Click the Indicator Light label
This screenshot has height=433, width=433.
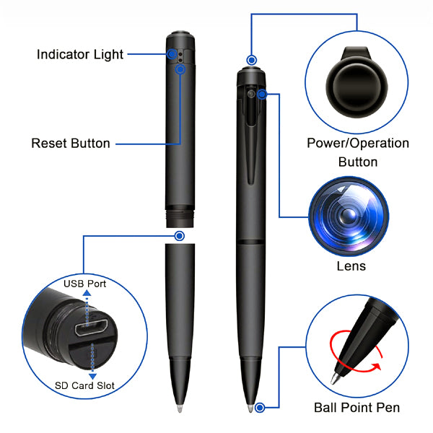[80, 54]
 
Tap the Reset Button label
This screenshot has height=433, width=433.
[71, 144]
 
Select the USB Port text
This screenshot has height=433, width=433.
[84, 284]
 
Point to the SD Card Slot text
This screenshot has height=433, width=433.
[84, 385]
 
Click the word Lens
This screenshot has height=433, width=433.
[351, 266]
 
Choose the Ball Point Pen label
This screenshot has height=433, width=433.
[357, 408]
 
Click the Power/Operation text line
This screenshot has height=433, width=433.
[358, 144]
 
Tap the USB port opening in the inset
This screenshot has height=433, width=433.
[92, 328]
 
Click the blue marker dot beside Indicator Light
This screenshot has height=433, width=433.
[172, 54]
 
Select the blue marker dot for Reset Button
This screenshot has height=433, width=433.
[180, 69]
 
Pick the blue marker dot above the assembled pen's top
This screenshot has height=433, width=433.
[251, 60]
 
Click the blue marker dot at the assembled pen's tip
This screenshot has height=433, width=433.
[260, 408]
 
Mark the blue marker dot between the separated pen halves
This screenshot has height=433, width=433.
[180, 236]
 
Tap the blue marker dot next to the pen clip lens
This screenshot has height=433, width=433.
[262, 95]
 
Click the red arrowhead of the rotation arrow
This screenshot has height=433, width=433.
[376, 367]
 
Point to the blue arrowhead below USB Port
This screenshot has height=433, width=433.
[87, 293]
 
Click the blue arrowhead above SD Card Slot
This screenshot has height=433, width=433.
[92, 377]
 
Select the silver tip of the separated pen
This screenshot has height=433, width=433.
[180, 408]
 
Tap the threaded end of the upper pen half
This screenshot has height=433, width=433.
[180, 219]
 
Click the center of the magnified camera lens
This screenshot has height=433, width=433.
[349, 216]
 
